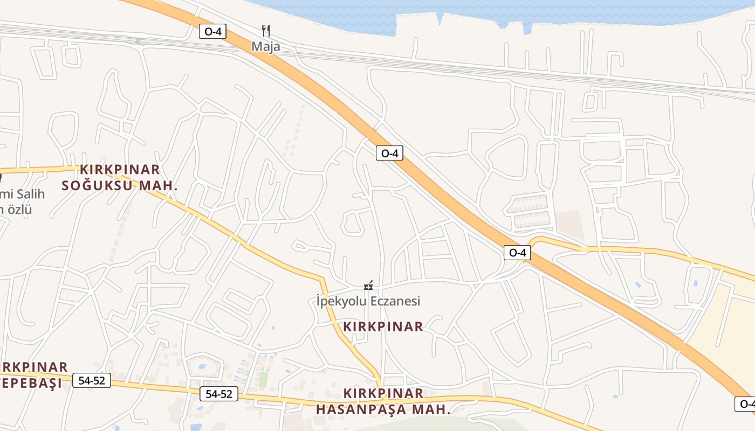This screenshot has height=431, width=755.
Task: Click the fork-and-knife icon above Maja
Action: (x=265, y=30)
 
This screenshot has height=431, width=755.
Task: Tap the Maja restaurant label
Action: (x=266, y=46)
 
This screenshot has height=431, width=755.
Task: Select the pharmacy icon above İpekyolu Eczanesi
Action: (x=368, y=286)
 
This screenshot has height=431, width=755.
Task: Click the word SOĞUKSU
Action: (x=93, y=186)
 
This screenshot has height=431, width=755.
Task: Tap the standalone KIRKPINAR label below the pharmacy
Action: (x=383, y=326)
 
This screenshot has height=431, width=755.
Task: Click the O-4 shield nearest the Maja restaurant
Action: (x=212, y=31)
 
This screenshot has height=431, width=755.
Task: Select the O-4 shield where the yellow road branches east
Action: (x=517, y=252)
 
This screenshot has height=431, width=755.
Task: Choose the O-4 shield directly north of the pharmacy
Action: (x=389, y=153)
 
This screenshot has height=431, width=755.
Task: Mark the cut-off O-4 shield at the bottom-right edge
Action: (x=746, y=404)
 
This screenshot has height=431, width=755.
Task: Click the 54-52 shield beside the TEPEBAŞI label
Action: (x=92, y=380)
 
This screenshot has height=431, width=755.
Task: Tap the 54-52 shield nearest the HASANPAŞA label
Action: (x=219, y=394)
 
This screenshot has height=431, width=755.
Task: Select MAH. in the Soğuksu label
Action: (x=159, y=186)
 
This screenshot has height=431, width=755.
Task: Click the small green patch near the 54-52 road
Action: (x=263, y=379)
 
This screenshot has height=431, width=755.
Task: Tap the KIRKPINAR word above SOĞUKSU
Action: (x=120, y=170)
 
